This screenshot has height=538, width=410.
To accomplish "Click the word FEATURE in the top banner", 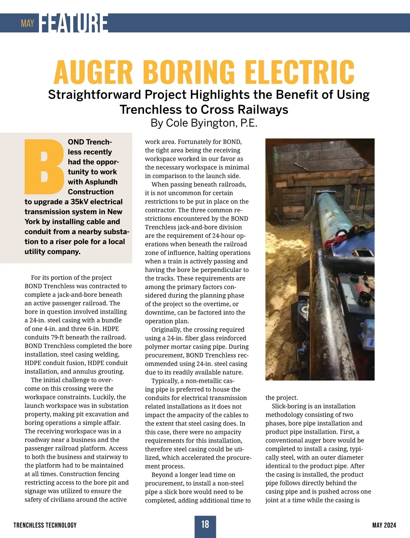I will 74,23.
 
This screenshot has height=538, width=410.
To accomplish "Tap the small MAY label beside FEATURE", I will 27,23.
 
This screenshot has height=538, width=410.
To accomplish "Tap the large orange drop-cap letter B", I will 44,166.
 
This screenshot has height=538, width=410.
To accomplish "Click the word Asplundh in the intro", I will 100,182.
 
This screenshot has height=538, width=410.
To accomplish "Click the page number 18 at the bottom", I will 205,524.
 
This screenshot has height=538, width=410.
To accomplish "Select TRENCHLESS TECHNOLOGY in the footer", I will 45,525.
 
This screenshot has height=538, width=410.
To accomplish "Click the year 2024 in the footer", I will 389,525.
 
